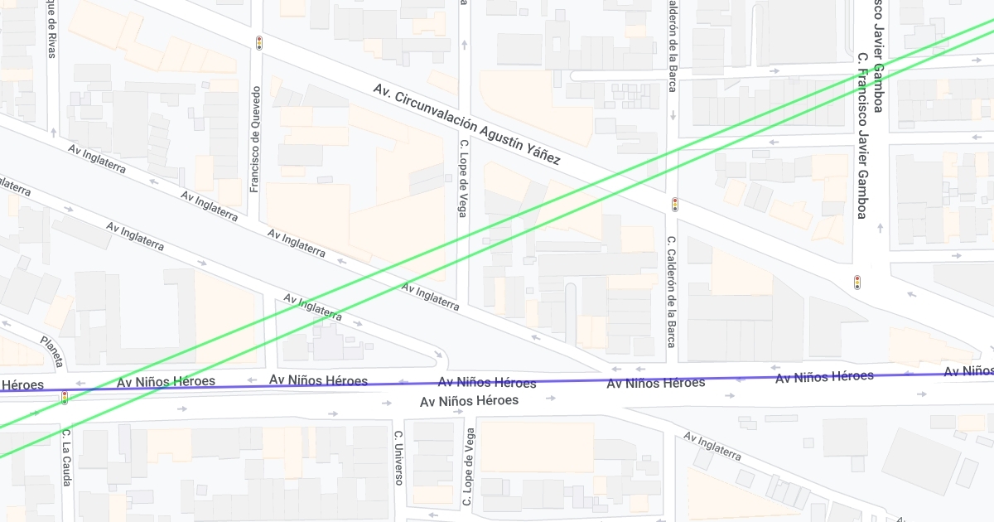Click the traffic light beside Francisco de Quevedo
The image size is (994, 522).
click(x=258, y=42)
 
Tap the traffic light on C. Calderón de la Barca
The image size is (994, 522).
click(x=674, y=204)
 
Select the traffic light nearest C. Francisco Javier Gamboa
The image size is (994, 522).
click(x=857, y=282)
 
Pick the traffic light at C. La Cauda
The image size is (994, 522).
click(x=65, y=398)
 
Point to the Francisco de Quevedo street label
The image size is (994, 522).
click(x=256, y=139)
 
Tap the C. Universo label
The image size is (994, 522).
click(x=398, y=457)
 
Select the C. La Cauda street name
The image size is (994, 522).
click(x=66, y=457)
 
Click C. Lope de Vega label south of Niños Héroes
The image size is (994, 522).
click(x=469, y=466)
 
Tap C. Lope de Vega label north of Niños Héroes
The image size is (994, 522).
click(x=463, y=178)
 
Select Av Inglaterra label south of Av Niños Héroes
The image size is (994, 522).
click(x=712, y=446)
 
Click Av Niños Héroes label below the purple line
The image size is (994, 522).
click(x=469, y=401)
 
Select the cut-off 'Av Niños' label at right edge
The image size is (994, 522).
click(x=968, y=371)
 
